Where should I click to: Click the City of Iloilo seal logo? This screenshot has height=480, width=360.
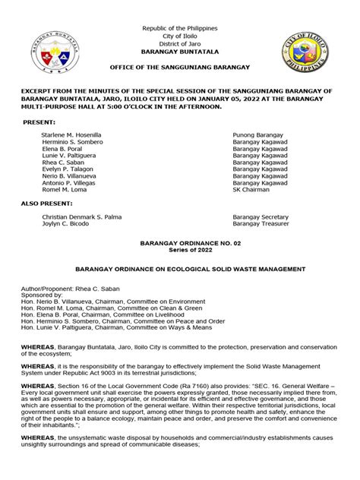pyautogui.click(x=306, y=55)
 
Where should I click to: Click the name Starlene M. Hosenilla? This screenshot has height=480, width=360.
pyautogui.click(x=71, y=134)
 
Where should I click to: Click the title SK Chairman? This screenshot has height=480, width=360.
pyautogui.click(x=251, y=191)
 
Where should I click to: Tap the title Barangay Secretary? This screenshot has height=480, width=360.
pyautogui.click(x=260, y=216)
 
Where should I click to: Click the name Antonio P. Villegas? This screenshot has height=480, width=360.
pyautogui.click(x=68, y=183)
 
